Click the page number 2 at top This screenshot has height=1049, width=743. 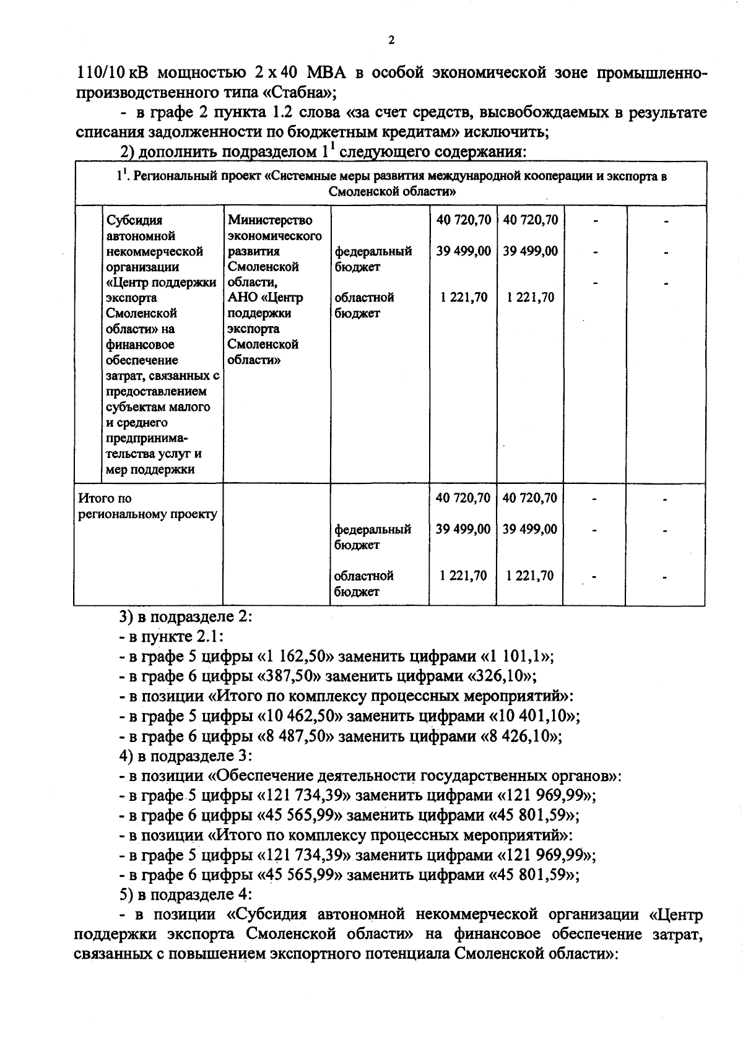[x=391, y=41]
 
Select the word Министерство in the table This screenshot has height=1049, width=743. [x=270, y=220]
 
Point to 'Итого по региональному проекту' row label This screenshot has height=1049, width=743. [x=147, y=506]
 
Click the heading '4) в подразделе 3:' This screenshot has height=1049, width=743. [x=185, y=756]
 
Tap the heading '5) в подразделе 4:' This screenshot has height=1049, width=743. [x=185, y=894]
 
